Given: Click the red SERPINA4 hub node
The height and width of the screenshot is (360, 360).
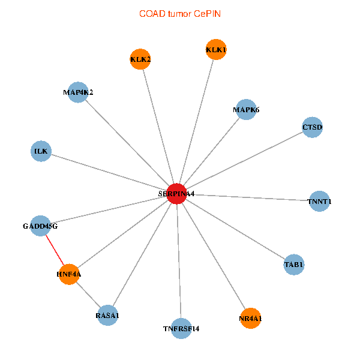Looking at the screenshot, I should pos(176,194).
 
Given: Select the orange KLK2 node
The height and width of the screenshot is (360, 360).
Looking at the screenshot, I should pos(140,59).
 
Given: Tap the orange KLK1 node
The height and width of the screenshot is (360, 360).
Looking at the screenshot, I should pos(216,50).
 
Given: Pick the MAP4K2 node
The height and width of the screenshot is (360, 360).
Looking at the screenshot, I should pos(78,92).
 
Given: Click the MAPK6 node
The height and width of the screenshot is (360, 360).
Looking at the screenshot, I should pos(246,110).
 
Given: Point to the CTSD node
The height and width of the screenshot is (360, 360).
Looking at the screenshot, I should pos(312,127).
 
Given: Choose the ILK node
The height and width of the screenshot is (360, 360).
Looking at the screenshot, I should pos(41,151).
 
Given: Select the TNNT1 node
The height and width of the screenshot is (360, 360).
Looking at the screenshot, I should pos(319,201).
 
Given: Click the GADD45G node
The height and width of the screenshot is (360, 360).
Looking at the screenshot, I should pos(40,226).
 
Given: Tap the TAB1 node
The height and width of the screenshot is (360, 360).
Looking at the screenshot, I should pos(294,264).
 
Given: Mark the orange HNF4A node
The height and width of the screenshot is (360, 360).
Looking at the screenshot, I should pos(69,274).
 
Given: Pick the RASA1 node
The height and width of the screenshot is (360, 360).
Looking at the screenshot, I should pos(107,315).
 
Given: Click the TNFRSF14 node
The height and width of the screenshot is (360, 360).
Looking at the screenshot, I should pos(181,328).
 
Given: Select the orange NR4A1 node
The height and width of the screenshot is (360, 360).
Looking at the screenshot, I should pos(250,318).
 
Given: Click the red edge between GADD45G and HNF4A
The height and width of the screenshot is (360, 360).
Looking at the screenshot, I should pos(55,250).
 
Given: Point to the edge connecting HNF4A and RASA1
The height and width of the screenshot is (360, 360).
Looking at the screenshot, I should pos(88,295).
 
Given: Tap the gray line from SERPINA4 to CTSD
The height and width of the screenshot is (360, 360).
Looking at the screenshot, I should pos(244,160).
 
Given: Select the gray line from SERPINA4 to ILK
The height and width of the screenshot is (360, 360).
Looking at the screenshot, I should pos(109,172).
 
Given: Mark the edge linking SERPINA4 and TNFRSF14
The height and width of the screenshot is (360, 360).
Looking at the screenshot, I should pos(179,261).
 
